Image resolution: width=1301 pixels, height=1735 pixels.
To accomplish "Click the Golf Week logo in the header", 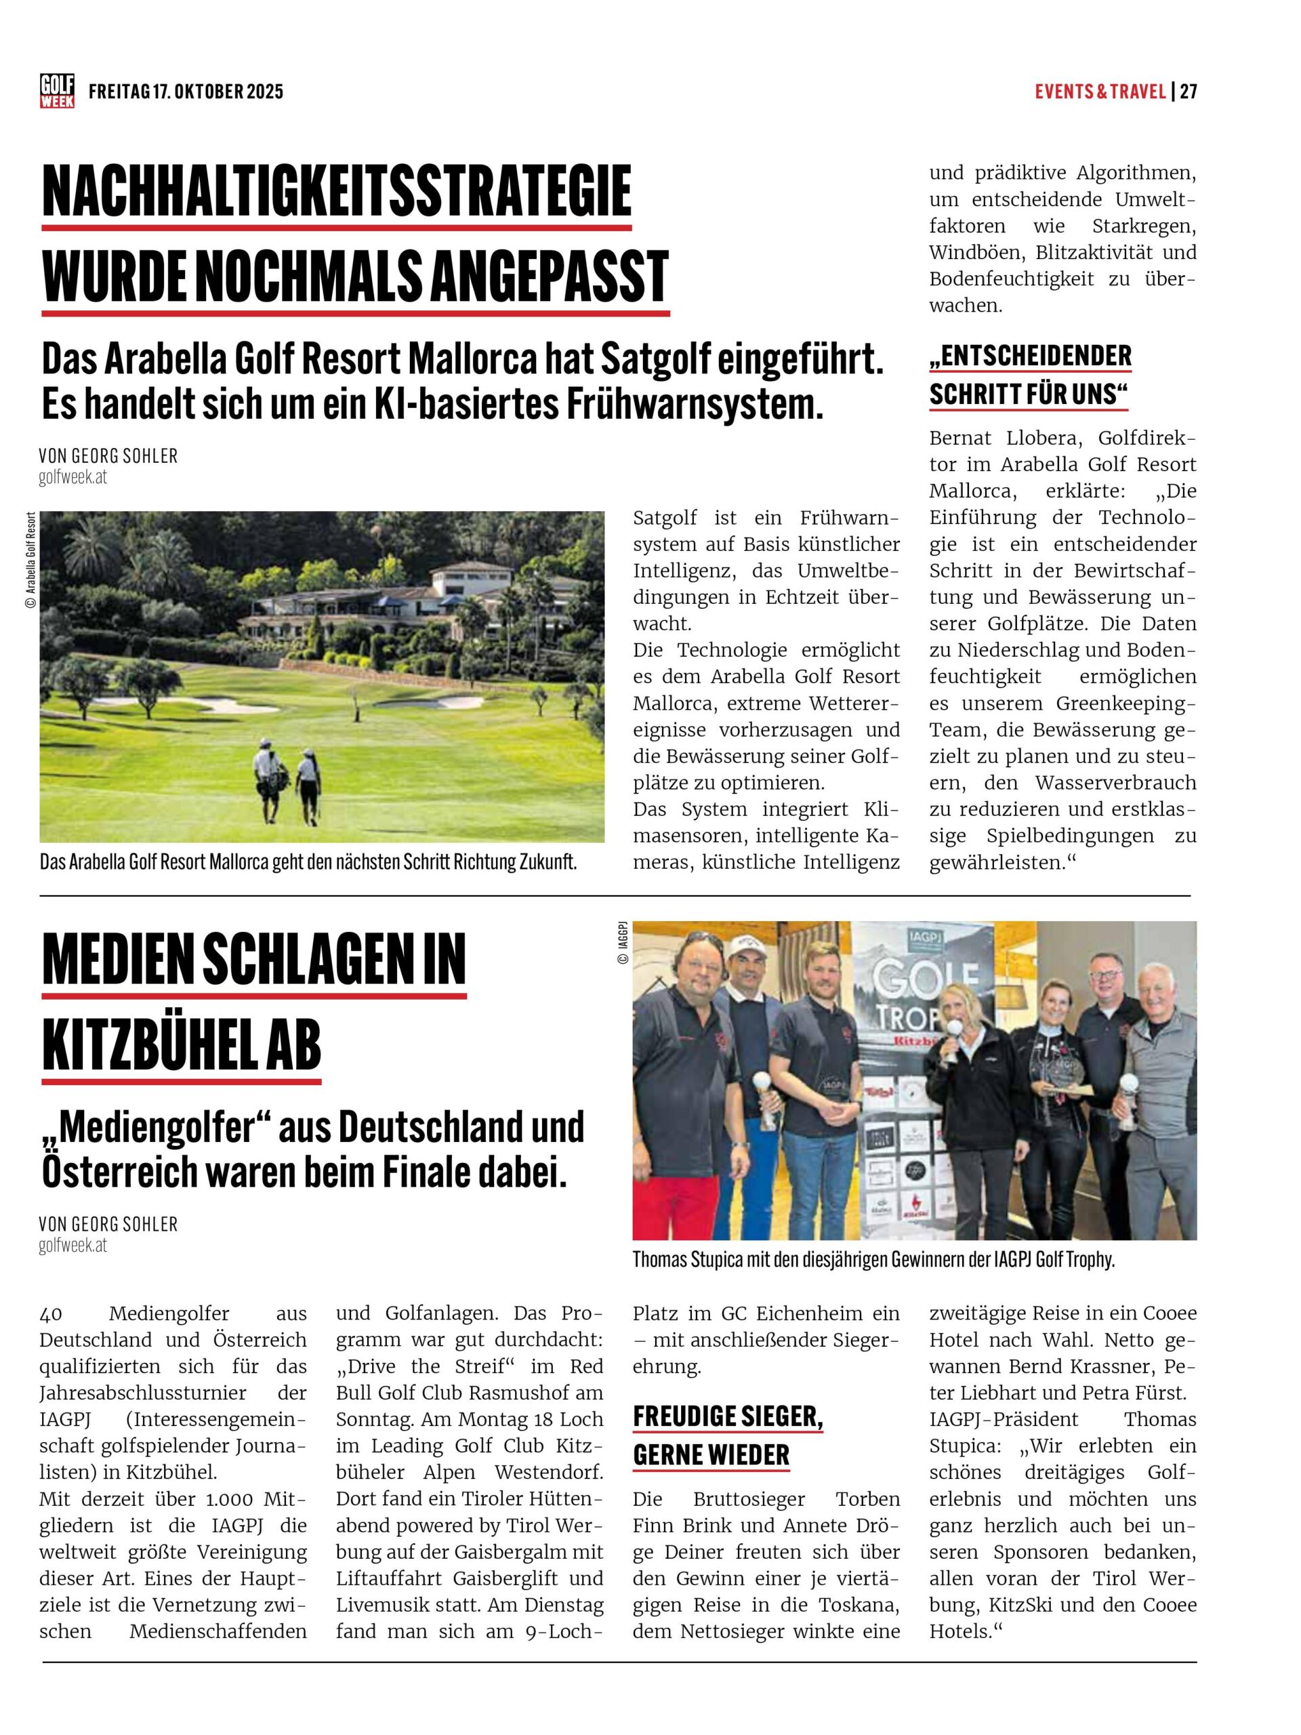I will (x=57, y=91).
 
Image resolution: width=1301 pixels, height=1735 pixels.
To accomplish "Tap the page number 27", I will (x=1188, y=91).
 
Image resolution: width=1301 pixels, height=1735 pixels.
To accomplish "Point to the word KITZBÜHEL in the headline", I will (x=154, y=1045).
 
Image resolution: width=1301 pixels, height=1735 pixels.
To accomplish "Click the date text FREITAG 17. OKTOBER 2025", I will (x=186, y=91).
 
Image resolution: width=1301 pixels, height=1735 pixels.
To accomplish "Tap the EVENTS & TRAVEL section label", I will (x=1100, y=91).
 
